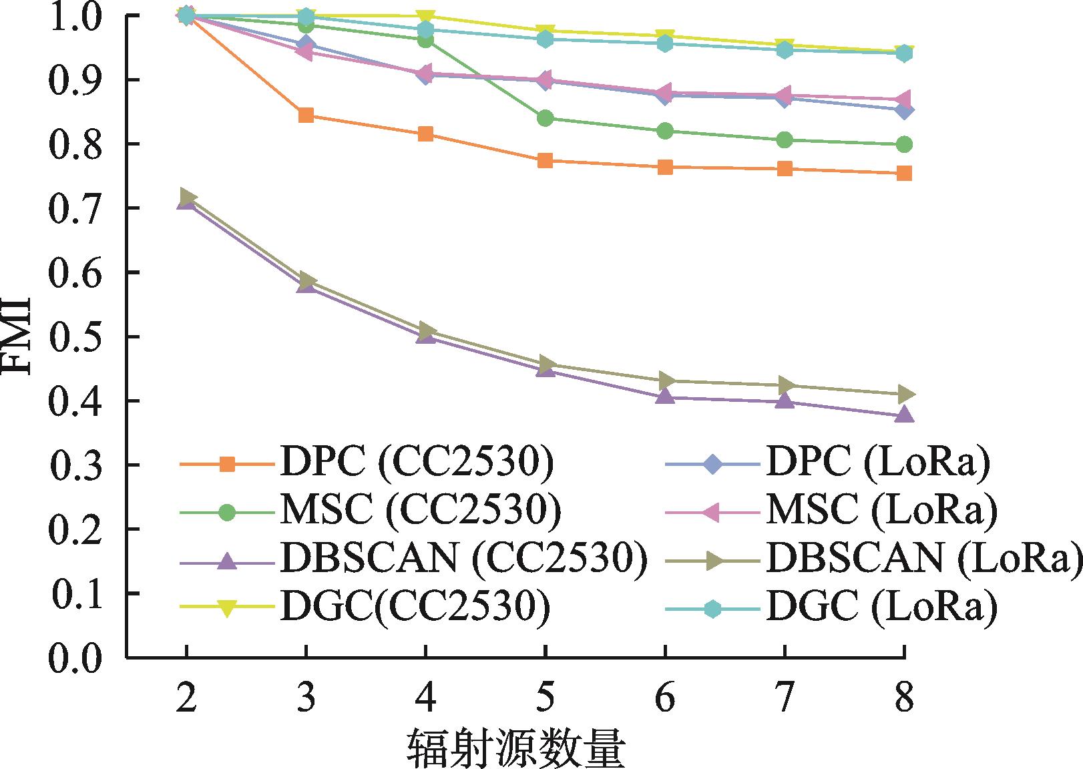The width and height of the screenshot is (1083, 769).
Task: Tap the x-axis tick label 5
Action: (546, 700)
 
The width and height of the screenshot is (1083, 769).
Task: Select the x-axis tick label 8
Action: (904, 700)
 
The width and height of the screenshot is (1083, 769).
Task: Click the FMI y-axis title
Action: (19, 336)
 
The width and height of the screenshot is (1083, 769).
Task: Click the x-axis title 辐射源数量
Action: (515, 749)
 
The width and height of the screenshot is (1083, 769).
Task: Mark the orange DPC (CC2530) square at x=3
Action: (306, 115)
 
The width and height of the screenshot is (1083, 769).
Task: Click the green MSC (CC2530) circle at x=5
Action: (545, 119)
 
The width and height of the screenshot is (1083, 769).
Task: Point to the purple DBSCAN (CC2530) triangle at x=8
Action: (904, 415)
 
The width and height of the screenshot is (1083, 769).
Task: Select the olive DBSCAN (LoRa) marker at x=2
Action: (188, 197)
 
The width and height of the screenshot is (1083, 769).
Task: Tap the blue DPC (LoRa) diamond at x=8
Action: (904, 110)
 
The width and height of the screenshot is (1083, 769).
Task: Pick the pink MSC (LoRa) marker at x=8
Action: (904, 99)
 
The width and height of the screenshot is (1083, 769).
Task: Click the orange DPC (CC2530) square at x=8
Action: (904, 174)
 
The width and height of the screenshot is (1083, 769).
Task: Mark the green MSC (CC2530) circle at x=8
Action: (904, 144)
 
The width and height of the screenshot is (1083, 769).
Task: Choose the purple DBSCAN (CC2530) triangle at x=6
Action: (665, 397)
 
